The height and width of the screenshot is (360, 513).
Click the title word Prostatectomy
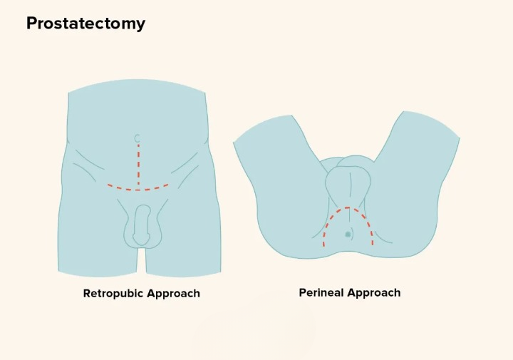85,24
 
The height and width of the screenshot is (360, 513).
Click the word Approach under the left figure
173,294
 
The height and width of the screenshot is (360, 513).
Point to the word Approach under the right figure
375,293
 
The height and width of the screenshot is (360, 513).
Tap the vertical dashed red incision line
138,164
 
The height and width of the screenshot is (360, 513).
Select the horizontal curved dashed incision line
138,189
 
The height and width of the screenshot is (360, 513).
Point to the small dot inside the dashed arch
348,234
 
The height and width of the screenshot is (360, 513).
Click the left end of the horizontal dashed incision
109,185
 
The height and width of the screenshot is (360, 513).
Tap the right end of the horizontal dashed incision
168,185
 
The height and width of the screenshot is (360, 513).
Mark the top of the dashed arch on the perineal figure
347,208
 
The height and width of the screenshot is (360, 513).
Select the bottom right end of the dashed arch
371,244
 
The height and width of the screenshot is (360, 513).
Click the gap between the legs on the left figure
141,260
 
